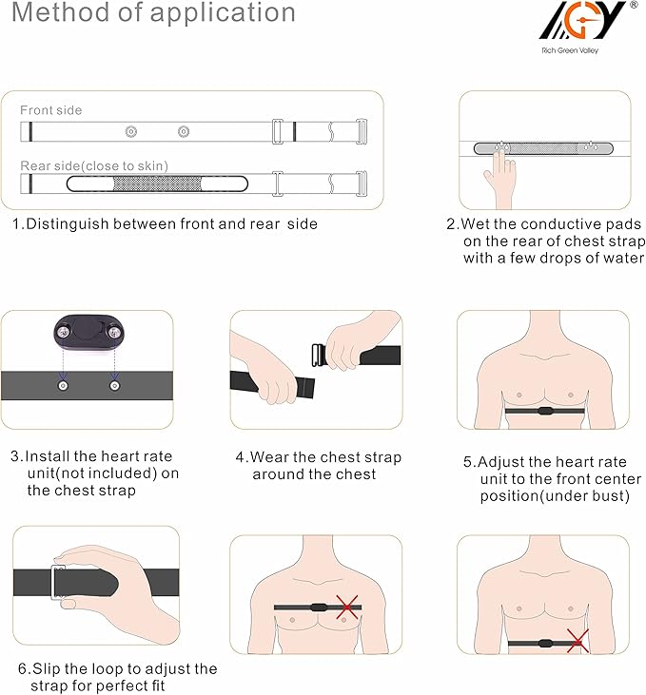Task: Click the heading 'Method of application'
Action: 153,14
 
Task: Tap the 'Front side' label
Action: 50,110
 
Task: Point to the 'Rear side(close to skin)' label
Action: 94,165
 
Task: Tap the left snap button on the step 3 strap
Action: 63,385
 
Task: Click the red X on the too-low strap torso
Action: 577,641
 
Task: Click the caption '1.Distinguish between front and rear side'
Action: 165,224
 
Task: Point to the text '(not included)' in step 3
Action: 112,473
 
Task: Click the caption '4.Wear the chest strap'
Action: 318,457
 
